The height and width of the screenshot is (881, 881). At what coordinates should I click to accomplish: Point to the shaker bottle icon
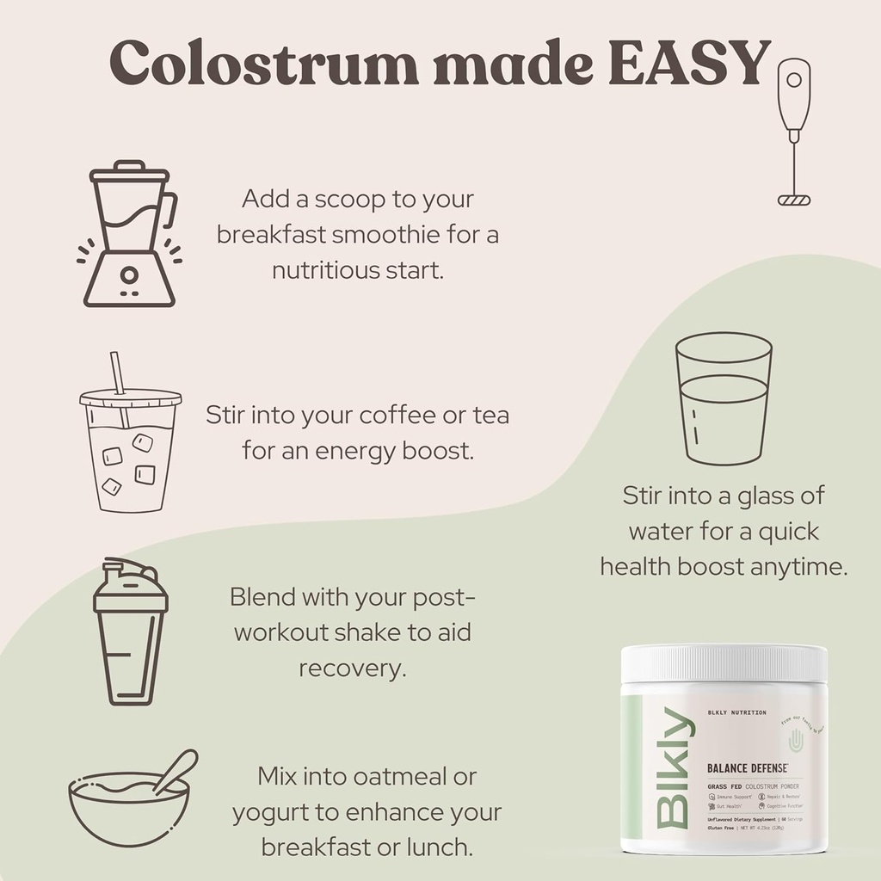click(x=130, y=632)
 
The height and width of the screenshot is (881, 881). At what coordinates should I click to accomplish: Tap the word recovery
click(x=351, y=668)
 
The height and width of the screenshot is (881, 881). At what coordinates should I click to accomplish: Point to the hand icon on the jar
click(x=796, y=739)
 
